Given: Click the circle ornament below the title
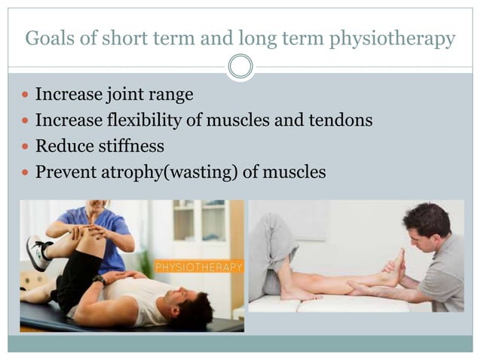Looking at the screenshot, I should click(240, 67).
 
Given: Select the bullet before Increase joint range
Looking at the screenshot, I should click(26, 96).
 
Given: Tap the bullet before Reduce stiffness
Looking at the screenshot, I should click(26, 147).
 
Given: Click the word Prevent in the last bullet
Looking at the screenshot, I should click(67, 172).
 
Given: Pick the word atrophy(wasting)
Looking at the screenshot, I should click(174, 172).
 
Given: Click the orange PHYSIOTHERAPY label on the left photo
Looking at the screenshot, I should click(199, 267).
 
